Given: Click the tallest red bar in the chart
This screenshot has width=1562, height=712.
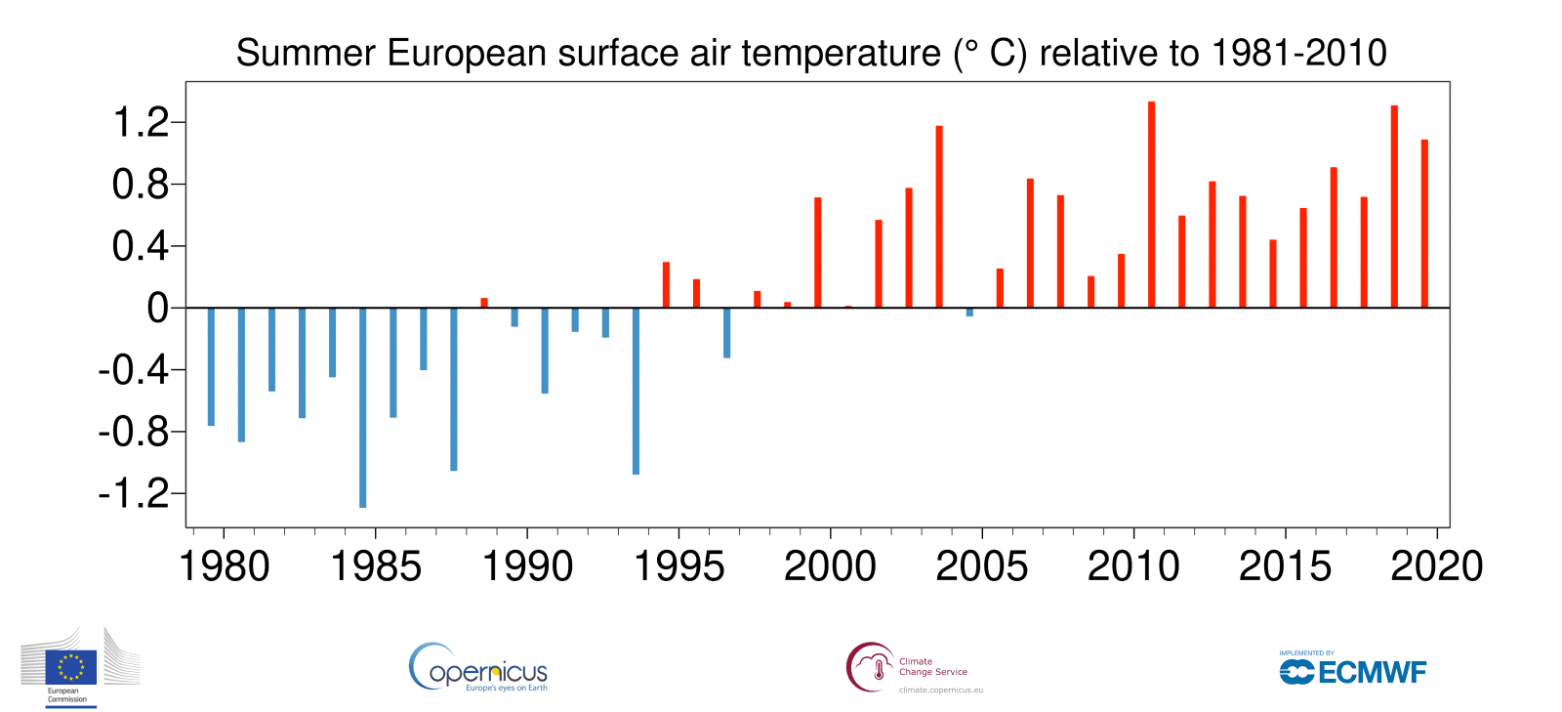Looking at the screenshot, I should pyautogui.click(x=1152, y=205).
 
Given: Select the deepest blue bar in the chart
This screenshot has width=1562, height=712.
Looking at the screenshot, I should pyautogui.click(x=363, y=407).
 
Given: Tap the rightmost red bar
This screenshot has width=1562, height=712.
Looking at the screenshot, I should pyautogui.click(x=1424, y=224).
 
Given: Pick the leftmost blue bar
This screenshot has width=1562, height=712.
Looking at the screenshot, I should pyautogui.click(x=211, y=366).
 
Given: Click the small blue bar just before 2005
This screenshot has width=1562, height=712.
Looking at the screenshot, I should pyautogui.click(x=969, y=313).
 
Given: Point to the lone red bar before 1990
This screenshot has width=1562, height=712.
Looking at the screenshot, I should pyautogui.click(x=484, y=303).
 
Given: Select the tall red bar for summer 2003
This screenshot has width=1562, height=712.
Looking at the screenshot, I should pyautogui.click(x=939, y=217).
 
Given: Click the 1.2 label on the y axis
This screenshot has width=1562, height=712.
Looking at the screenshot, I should pyautogui.click(x=141, y=123).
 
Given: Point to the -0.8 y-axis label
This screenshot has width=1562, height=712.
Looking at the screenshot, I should pyautogui.click(x=134, y=432).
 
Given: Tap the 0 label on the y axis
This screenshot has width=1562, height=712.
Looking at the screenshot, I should pyautogui.click(x=157, y=309).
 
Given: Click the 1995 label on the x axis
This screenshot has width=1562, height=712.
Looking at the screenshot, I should pyautogui.click(x=679, y=566).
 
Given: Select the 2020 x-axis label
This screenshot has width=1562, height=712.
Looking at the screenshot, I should pyautogui.click(x=1436, y=566).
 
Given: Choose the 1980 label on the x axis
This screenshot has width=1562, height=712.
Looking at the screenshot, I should pyautogui.click(x=225, y=566).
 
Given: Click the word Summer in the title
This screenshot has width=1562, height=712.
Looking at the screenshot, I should pyautogui.click(x=306, y=54).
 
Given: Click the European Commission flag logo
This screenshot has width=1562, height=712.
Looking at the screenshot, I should pyautogui.click(x=71, y=666).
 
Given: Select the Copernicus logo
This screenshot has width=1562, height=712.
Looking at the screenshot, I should pyautogui.click(x=478, y=668).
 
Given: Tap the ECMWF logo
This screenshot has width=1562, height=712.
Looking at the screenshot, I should pyautogui.click(x=1353, y=672).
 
